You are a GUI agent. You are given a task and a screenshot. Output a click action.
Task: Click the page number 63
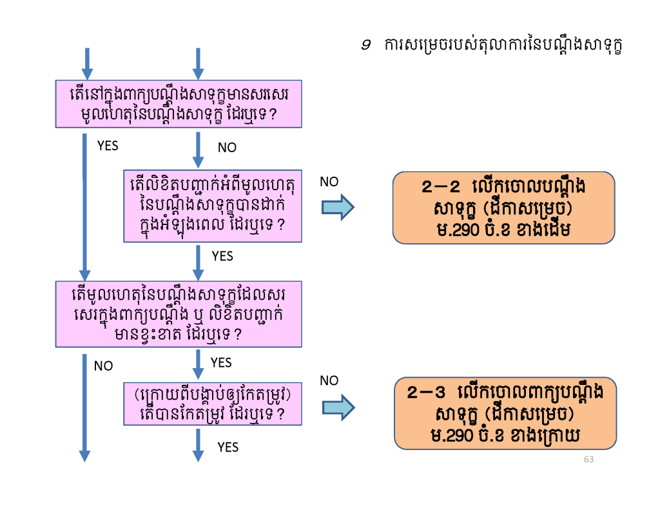[588, 459]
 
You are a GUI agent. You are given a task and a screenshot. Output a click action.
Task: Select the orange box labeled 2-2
[503, 208]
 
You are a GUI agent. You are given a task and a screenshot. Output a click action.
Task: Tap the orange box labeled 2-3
[505, 413]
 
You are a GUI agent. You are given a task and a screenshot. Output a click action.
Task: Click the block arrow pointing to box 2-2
[338, 207]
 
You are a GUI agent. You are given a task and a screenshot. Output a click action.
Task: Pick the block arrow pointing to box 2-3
[338, 407]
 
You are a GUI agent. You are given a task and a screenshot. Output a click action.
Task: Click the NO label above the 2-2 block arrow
[329, 182]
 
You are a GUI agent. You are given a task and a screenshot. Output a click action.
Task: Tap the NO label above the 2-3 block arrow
[329, 380]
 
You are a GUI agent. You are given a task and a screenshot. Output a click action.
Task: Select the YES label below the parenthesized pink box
[228, 447]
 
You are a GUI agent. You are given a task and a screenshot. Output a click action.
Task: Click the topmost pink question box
[179, 104]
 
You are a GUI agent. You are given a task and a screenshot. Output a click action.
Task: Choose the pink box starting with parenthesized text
[213, 404]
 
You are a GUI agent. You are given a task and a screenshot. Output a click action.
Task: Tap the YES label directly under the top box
[108, 146]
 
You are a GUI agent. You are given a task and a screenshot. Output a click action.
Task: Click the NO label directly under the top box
[227, 148]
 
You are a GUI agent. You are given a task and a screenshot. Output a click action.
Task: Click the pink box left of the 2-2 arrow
[213, 206]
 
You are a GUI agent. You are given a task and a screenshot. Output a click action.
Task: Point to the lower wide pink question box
[179, 314]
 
